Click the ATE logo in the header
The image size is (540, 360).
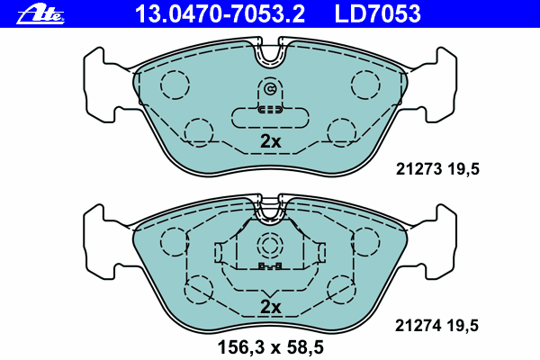point(40,14)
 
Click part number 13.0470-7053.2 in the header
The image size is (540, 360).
point(220,14)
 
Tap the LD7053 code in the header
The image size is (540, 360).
point(377,14)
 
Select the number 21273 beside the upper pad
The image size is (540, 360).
point(418,169)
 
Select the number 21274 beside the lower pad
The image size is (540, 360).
point(418,326)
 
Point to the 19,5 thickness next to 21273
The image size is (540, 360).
point(463,169)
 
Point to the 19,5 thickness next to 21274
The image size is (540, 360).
point(463,326)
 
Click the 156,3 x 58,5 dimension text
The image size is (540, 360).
point(271,347)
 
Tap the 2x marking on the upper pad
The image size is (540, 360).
point(271,141)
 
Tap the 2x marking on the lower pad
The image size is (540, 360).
point(271,307)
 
